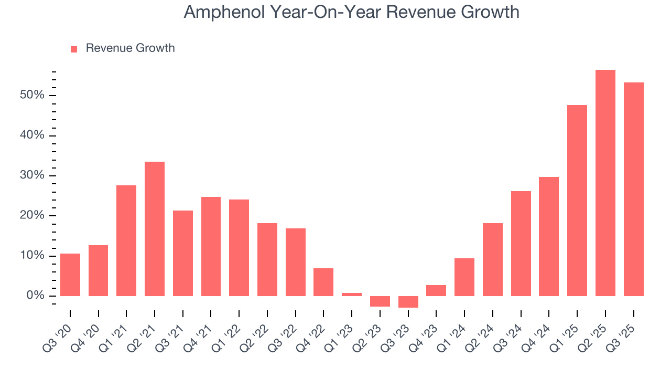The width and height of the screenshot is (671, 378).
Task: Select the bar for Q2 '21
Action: (155, 229)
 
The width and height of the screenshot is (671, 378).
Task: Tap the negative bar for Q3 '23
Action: (408, 302)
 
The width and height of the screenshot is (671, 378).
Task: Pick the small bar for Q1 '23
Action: (352, 295)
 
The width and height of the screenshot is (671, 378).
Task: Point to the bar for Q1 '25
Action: (577, 201)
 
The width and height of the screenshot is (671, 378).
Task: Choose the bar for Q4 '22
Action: (323, 282)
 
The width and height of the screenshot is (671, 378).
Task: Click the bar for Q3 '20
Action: (70, 275)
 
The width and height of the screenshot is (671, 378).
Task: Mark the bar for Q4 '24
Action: (549, 237)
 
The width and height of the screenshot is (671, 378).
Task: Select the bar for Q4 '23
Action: (436, 291)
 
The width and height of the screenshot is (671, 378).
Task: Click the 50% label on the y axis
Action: (33, 95)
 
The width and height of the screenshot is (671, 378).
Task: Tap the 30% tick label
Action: (33, 175)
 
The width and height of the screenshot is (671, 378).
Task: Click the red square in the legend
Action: (74, 49)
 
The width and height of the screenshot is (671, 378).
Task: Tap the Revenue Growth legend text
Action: (130, 48)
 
